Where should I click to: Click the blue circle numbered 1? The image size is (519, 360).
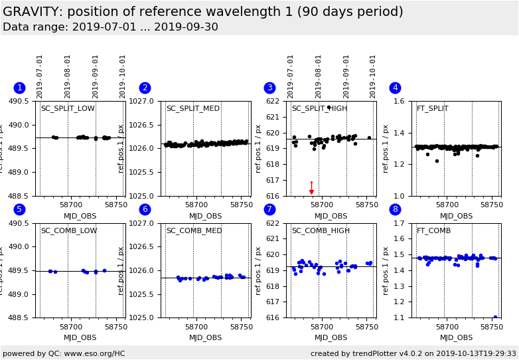tap(19, 88)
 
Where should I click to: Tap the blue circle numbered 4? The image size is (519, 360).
tap(395, 88)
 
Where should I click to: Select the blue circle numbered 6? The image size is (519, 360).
tap(145, 209)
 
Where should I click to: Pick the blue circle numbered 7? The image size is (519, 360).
tap(269, 209)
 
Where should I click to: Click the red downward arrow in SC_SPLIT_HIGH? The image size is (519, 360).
tap(311, 191)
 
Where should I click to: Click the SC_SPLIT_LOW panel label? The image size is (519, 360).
tap(68, 109)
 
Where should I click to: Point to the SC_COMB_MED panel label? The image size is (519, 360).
tap(194, 231)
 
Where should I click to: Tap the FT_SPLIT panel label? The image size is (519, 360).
tap(432, 109)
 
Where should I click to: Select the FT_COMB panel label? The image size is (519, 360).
tap(434, 231)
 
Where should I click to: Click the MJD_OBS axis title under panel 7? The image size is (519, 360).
tap(331, 337)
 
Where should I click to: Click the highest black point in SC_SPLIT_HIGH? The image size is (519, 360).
tap(329, 107)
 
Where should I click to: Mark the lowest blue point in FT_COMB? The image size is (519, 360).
tap(495, 317)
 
